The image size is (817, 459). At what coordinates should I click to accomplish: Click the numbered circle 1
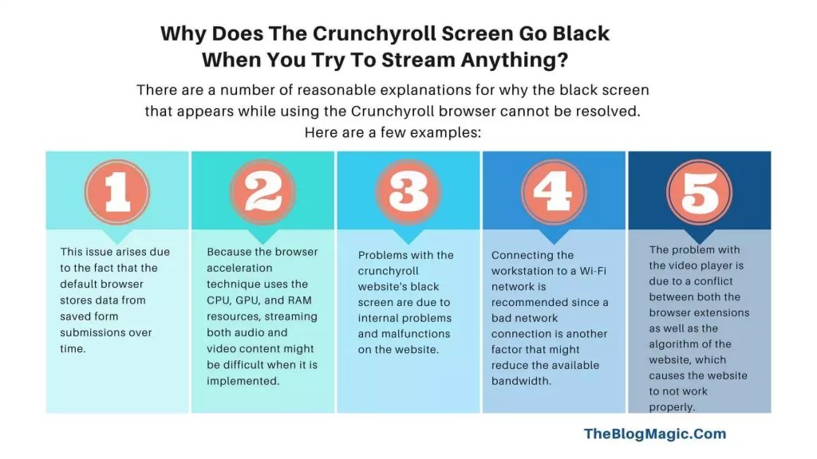[x=116, y=192]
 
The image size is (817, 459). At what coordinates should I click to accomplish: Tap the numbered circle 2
[x=262, y=192]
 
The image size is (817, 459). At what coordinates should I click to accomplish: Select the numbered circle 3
[x=408, y=192]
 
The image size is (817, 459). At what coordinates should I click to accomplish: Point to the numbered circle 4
[x=553, y=192]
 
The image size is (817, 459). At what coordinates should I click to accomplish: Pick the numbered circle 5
[x=699, y=192]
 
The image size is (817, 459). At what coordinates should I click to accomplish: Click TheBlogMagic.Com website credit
[x=655, y=433]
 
